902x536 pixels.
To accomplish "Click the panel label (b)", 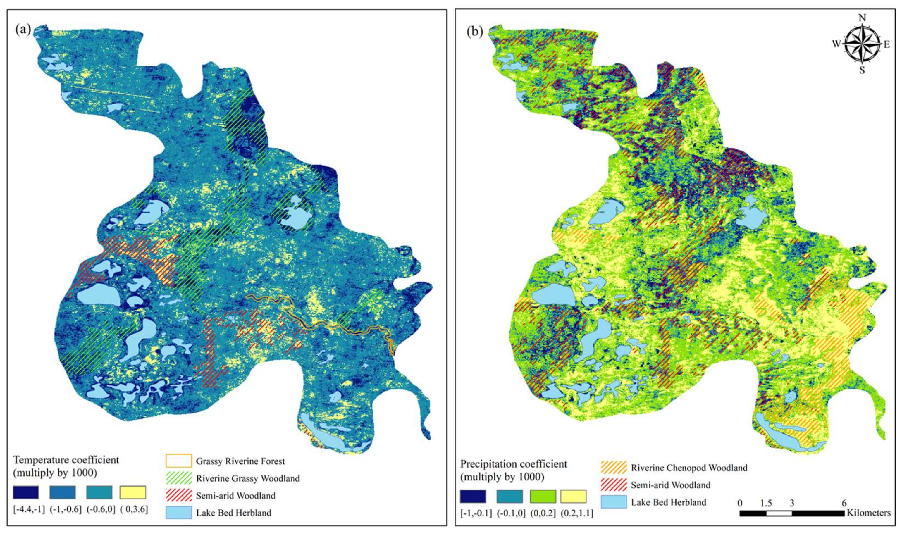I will [x=474, y=32].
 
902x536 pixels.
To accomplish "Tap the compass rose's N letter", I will [x=862, y=18].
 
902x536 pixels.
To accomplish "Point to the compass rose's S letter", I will [x=862, y=70].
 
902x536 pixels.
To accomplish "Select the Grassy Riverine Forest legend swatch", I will [x=178, y=461].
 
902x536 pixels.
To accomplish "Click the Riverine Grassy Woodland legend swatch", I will [x=178, y=478].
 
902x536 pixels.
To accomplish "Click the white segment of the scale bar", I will [x=779, y=513].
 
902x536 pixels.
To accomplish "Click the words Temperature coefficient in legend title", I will [x=66, y=460].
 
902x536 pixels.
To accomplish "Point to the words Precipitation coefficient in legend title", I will [x=513, y=464].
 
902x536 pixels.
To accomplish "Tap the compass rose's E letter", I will [x=886, y=45].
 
